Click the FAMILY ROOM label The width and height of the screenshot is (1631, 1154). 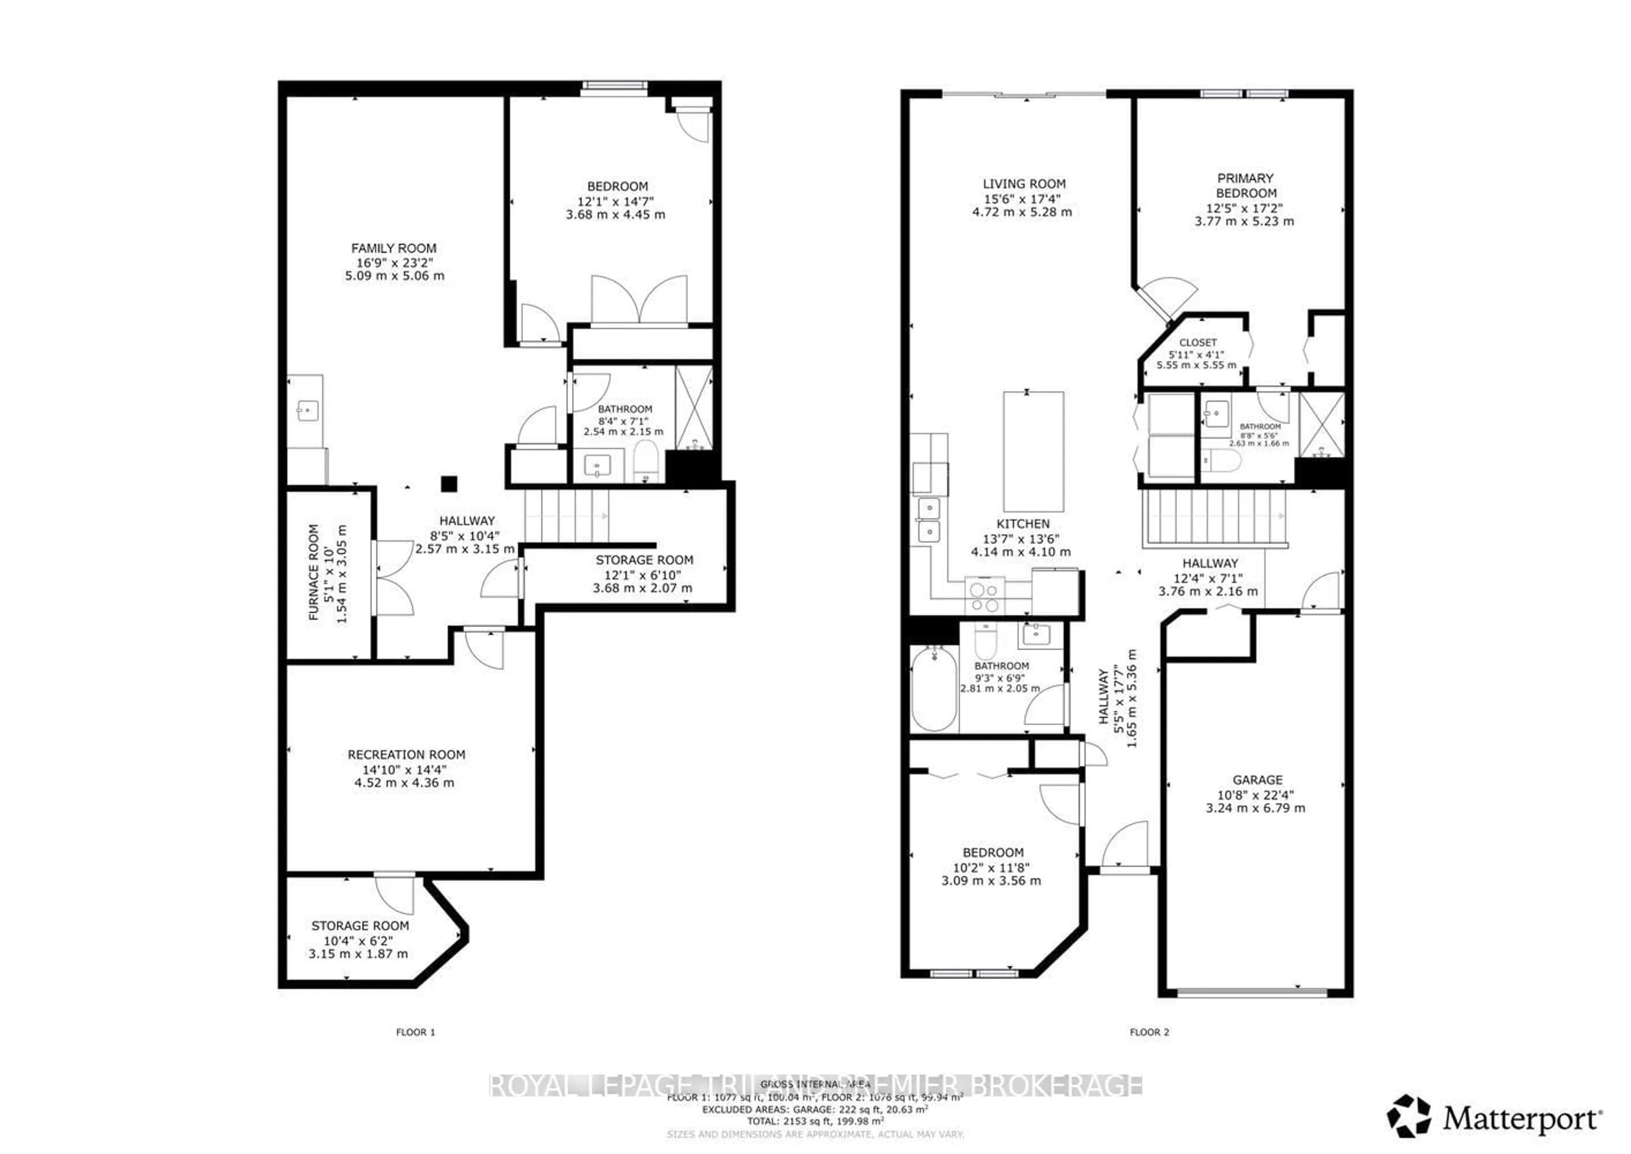pyautogui.click(x=394, y=248)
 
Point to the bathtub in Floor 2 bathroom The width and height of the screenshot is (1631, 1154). pyautogui.click(x=934, y=688)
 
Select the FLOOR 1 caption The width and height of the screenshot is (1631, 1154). pyautogui.click(x=415, y=1032)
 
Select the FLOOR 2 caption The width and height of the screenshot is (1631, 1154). pyautogui.click(x=1148, y=1032)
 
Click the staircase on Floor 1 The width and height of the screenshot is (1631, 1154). pyautogui.click(x=566, y=516)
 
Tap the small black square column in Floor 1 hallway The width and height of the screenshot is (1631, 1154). pyautogui.click(x=449, y=484)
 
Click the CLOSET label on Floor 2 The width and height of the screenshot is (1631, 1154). pyautogui.click(x=1198, y=342)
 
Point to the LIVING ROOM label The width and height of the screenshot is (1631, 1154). pyautogui.click(x=1024, y=183)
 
